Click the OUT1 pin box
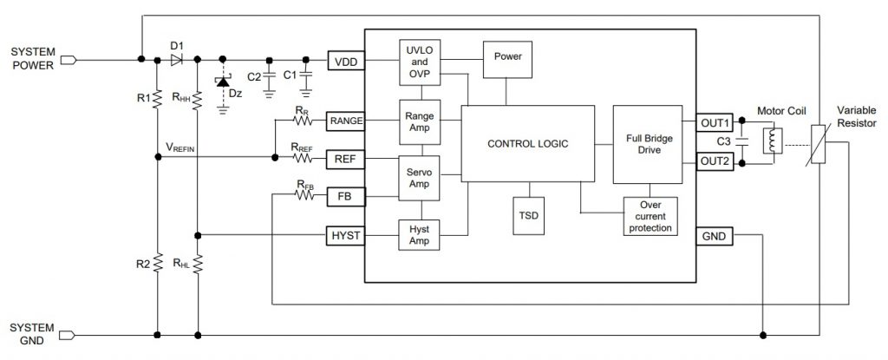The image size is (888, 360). (x=715, y=122)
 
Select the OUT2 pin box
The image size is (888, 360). (x=715, y=160)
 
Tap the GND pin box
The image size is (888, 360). (x=715, y=235)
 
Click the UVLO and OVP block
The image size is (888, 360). (x=421, y=62)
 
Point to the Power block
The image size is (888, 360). (x=507, y=57)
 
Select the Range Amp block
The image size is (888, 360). (x=421, y=121)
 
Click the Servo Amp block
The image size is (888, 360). (x=421, y=178)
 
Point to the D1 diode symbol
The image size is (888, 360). (x=177, y=60)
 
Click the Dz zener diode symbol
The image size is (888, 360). (x=223, y=83)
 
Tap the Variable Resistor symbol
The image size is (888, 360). (x=818, y=144)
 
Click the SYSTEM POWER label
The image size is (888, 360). (x=32, y=60)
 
